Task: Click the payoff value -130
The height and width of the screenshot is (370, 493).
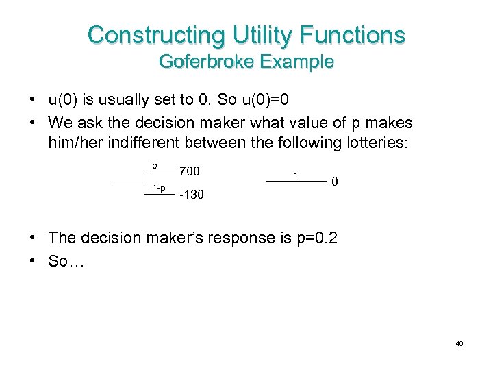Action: (191, 195)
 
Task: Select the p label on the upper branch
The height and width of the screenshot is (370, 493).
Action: (155, 166)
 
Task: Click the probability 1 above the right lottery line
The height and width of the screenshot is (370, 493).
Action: (295, 175)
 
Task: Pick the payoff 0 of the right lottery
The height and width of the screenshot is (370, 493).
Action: (334, 182)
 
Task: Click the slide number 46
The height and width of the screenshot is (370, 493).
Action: (459, 343)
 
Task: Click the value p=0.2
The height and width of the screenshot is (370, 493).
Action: (312, 238)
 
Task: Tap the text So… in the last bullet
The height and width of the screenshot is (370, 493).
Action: (66, 261)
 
